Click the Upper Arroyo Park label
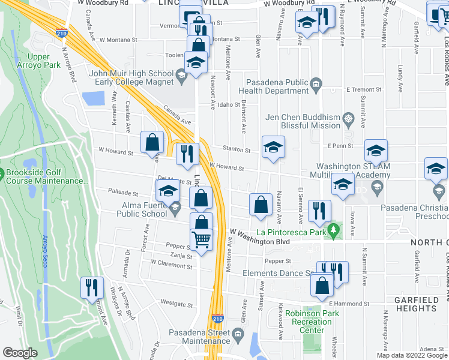47,61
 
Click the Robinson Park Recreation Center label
309,322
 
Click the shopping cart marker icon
202,239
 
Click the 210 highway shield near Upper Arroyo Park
62,34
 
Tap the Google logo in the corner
20,353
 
